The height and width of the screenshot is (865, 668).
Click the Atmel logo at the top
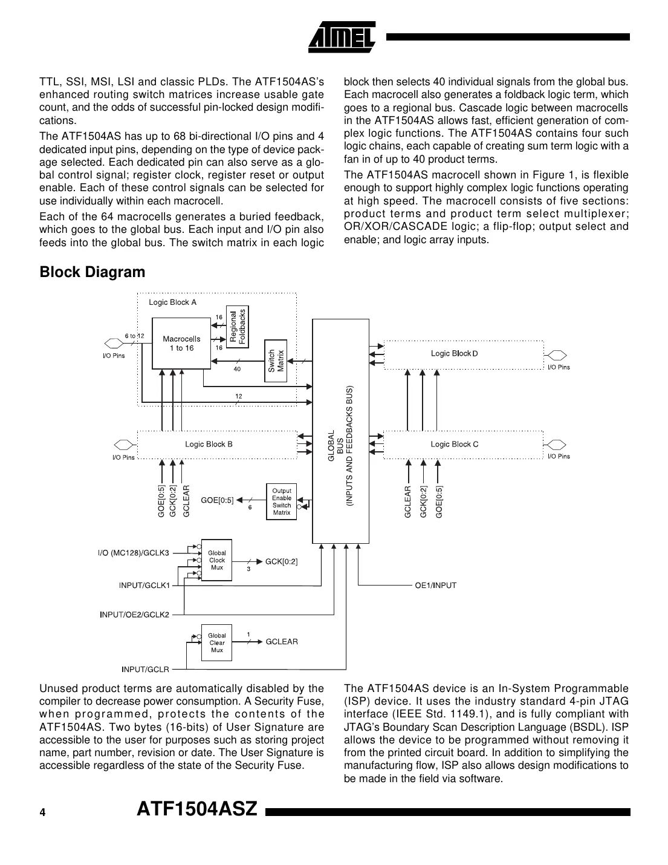[x=342, y=37]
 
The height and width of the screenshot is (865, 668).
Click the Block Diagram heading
[x=92, y=272]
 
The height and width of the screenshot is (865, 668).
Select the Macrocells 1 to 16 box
[x=181, y=344]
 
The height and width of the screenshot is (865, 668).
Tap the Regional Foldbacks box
[x=238, y=326]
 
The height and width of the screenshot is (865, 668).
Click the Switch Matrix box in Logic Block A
[x=276, y=361]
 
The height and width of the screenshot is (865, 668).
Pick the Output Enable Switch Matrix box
[x=281, y=501]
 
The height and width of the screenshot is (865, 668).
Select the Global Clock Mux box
[x=216, y=560]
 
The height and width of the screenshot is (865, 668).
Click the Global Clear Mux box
[x=216, y=643]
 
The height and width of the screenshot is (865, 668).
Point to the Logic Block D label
[x=454, y=353]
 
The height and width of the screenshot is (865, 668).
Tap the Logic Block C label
[x=454, y=444]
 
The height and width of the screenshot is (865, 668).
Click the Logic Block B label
[x=209, y=444]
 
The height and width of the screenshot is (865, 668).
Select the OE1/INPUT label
[x=435, y=585]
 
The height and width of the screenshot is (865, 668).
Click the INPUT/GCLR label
[x=145, y=669]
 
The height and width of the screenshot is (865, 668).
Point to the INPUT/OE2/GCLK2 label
[x=135, y=615]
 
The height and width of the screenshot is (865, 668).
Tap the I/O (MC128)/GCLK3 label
[x=134, y=552]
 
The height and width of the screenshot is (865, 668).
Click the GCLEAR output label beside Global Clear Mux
[x=282, y=641]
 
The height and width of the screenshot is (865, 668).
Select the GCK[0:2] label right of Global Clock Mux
[x=281, y=561]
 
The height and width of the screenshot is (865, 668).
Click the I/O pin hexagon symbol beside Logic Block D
[x=557, y=355]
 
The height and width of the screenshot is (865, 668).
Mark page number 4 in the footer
[x=42, y=812]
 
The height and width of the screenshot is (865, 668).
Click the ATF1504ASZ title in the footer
[x=198, y=809]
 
